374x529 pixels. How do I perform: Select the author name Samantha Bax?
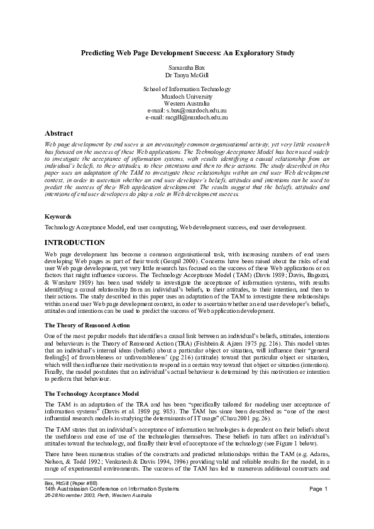(x=187, y=67)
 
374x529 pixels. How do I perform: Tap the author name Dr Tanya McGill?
(x=187, y=74)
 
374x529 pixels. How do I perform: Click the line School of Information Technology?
(x=187, y=90)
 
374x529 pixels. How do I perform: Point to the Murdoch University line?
(x=187, y=97)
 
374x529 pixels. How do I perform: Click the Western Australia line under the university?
(x=187, y=104)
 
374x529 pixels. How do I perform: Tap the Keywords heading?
(x=58, y=217)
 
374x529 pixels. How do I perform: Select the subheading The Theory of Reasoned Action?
(x=87, y=325)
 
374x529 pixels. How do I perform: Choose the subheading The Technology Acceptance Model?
(x=92, y=393)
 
